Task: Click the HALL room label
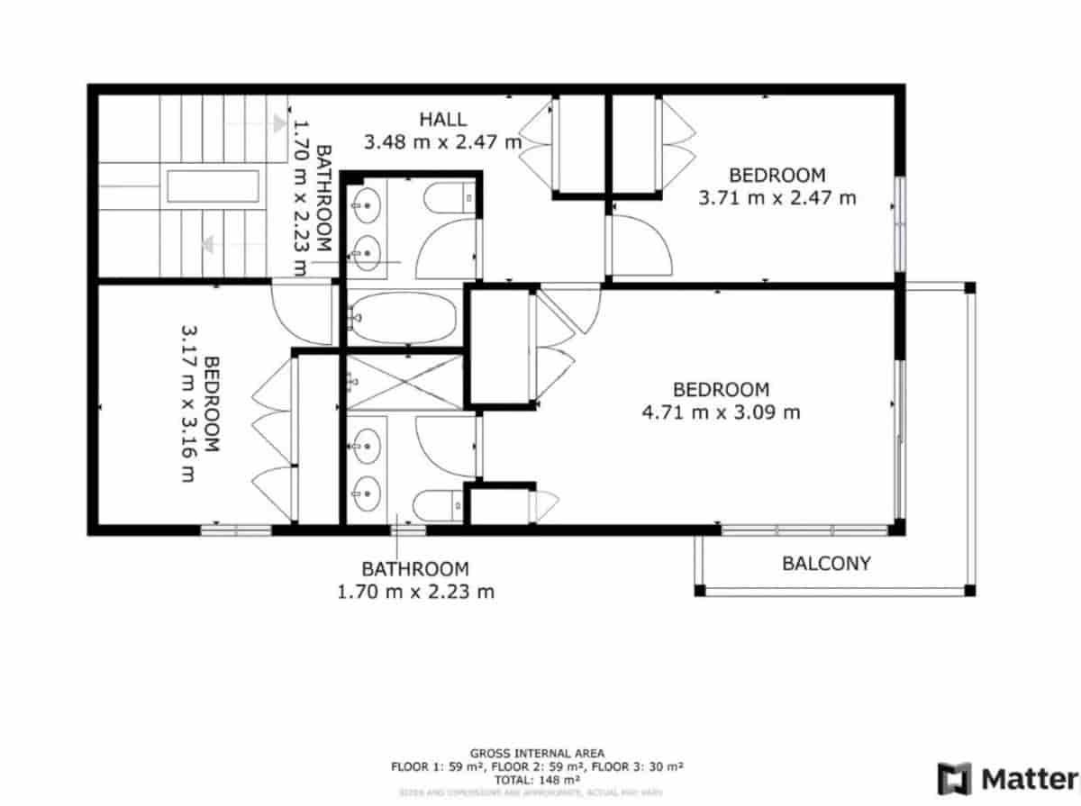click(x=442, y=119)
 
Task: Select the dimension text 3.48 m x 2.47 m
click(x=442, y=141)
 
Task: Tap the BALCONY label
click(x=826, y=564)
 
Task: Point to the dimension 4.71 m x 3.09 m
click(x=721, y=412)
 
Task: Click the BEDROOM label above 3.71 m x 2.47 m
click(x=777, y=175)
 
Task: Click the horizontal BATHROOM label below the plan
click(x=415, y=569)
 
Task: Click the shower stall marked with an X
click(x=404, y=383)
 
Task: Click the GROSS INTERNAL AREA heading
click(x=537, y=753)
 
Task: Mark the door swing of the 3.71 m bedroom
click(x=641, y=245)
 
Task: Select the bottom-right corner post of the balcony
click(x=970, y=592)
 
